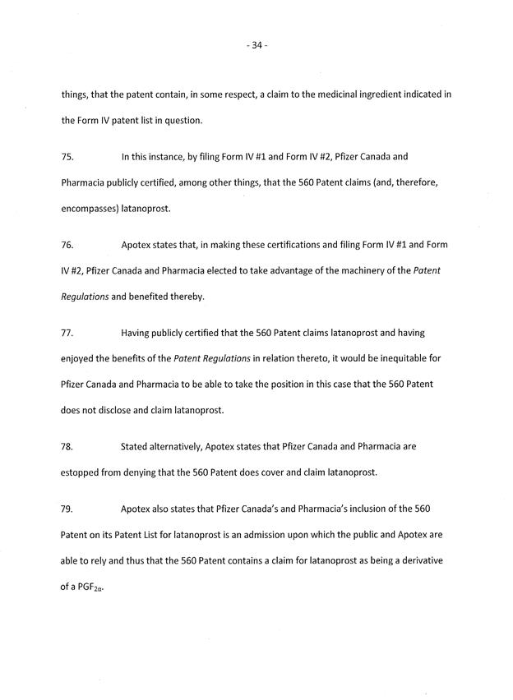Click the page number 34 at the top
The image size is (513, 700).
(x=256, y=45)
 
